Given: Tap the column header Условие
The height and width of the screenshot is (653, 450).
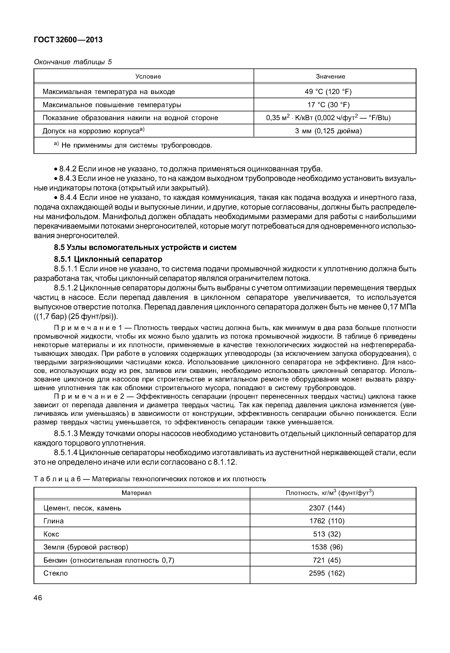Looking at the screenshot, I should click(148, 76).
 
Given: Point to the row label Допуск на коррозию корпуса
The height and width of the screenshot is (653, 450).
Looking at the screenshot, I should click(93, 131).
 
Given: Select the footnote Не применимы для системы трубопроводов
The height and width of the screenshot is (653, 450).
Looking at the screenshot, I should click(136, 146).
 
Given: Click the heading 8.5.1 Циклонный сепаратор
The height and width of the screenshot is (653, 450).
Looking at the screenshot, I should click(108, 259).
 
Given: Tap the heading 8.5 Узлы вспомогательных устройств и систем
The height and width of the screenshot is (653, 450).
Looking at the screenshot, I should click(145, 247).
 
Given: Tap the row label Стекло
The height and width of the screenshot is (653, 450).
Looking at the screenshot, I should click(56, 573).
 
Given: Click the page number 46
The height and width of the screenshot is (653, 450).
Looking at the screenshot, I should click(38, 598).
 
